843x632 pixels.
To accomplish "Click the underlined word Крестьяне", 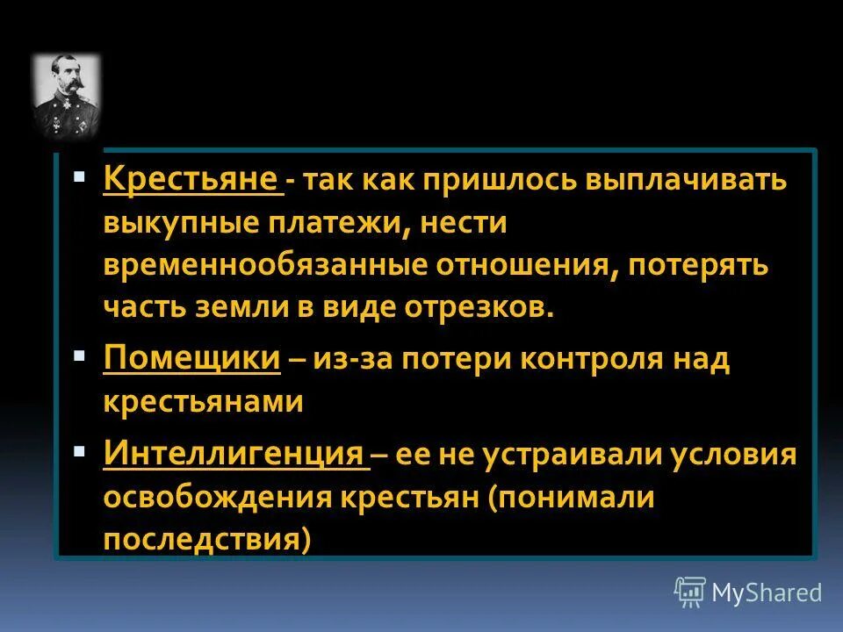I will coord(191,180).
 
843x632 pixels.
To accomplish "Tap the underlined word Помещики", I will coord(191,360).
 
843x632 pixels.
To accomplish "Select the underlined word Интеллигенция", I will coord(233,455).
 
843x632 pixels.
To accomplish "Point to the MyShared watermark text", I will coord(767,592).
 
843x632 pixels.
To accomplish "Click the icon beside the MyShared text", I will coord(690,592).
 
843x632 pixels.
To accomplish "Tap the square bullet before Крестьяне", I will coord(79,176).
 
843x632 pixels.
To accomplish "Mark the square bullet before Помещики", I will coord(79,356).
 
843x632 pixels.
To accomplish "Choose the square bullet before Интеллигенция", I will coord(79,451).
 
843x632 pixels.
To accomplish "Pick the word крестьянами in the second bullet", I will coord(203,403).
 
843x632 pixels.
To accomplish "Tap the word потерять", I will coord(698,266).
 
